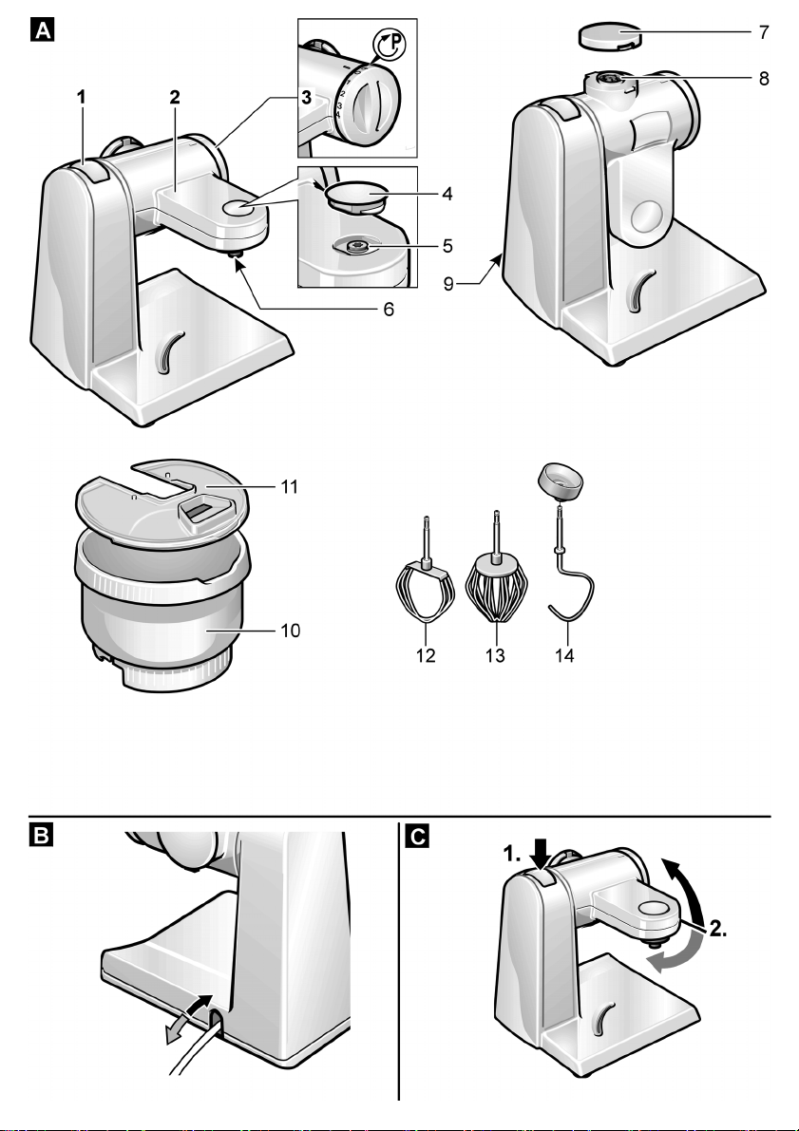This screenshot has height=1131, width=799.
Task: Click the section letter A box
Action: pos(43,31)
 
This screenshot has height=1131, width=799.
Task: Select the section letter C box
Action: pos(418,836)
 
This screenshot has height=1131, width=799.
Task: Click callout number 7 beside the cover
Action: pos(764,32)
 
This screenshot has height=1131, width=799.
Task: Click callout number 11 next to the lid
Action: pos(290,487)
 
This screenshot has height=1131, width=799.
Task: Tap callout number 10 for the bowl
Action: pos(290,631)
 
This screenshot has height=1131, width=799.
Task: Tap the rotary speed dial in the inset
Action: pos(371,106)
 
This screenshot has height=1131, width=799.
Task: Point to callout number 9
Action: pos(448,284)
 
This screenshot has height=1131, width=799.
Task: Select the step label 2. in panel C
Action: pos(716,929)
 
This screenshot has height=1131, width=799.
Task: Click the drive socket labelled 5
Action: pos(358,247)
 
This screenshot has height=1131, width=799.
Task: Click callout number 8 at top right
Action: pos(764,78)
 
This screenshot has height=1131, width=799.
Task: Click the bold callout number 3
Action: pos(307,98)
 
